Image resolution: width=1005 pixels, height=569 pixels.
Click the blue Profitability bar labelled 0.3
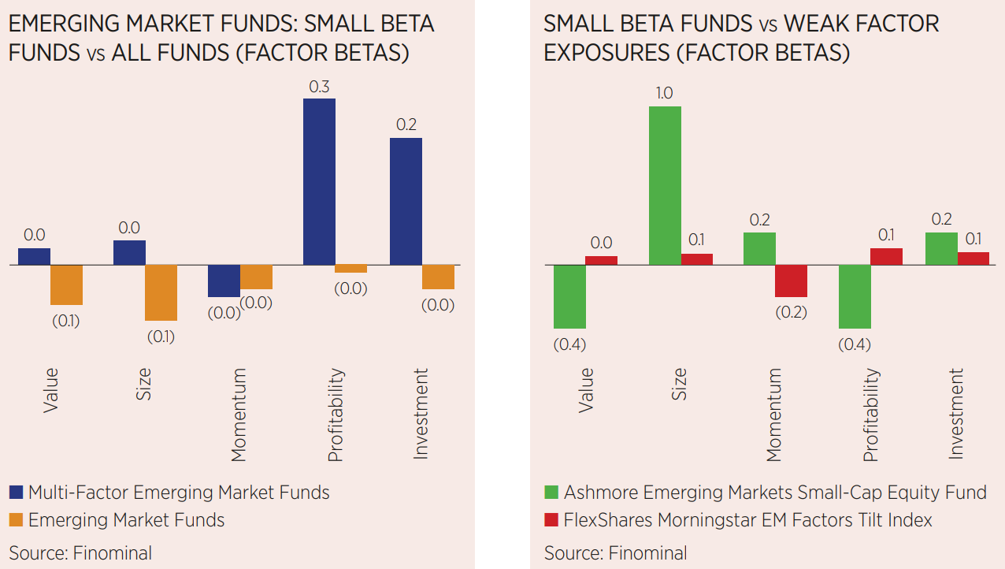pyautogui.click(x=319, y=181)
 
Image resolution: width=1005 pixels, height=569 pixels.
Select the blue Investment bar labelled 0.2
pyautogui.click(x=406, y=201)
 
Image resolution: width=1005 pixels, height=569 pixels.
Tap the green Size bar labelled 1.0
pyautogui.click(x=665, y=185)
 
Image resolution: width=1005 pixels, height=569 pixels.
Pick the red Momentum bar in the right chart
pyautogui.click(x=792, y=281)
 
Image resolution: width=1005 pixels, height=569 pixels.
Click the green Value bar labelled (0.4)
pyautogui.click(x=569, y=296)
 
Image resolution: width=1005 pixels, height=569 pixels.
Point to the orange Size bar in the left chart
pyautogui.click(x=161, y=292)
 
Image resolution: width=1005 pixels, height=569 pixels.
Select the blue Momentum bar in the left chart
pyautogui.click(x=224, y=281)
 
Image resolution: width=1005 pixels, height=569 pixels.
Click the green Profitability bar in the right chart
pyautogui.click(x=855, y=296)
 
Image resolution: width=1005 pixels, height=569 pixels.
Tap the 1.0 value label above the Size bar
pyautogui.click(x=664, y=93)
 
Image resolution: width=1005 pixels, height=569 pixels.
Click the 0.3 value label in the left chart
pyautogui.click(x=319, y=87)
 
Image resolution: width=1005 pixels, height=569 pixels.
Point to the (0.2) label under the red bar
pyautogui.click(x=792, y=311)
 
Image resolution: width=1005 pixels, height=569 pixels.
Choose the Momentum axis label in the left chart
pyautogui.click(x=239, y=415)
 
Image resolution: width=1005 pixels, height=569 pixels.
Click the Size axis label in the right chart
pyautogui.click(x=679, y=384)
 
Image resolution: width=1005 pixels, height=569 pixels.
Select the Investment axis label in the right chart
pyautogui.click(x=955, y=414)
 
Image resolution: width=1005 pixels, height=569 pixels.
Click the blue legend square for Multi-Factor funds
pyautogui.click(x=17, y=493)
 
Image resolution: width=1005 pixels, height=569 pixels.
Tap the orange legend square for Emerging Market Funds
pyautogui.click(x=17, y=521)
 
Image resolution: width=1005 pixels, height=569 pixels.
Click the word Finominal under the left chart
pyautogui.click(x=113, y=552)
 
